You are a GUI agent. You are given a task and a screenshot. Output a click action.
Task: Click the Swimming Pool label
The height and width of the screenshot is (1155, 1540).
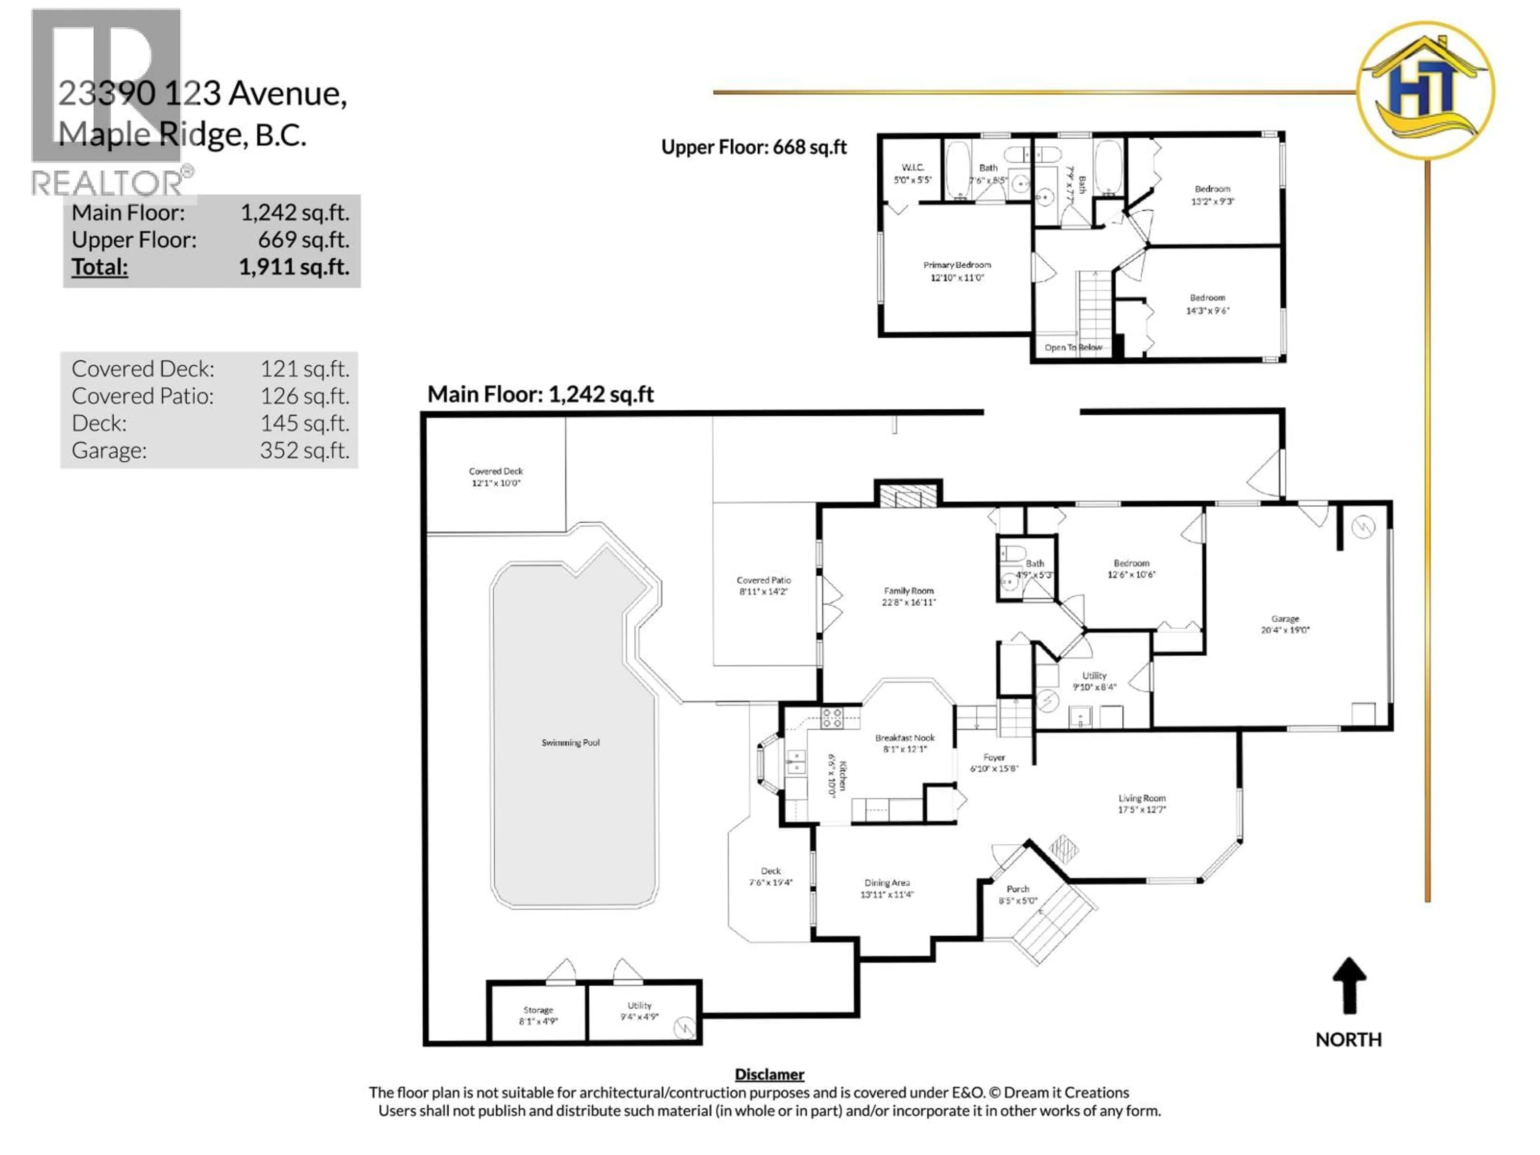570,743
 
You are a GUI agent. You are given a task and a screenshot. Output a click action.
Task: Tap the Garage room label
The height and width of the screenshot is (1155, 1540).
1285,619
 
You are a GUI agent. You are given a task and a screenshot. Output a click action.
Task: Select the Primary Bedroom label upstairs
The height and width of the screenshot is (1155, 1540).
956,265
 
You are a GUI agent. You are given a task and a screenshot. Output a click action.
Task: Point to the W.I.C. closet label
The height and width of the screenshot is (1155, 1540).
912,168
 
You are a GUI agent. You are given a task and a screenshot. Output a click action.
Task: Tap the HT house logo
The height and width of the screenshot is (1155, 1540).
1425,91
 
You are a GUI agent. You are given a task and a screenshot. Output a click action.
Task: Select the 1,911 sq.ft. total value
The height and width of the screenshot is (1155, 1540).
294,267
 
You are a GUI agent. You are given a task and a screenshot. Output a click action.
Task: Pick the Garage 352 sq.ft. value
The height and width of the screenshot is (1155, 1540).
304,450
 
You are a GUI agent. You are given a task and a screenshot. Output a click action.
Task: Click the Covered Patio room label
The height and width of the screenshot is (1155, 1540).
763,580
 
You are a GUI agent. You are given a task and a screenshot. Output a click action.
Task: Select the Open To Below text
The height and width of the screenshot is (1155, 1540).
1073,347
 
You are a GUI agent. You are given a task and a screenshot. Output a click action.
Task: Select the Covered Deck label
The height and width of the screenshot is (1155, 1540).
496,471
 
